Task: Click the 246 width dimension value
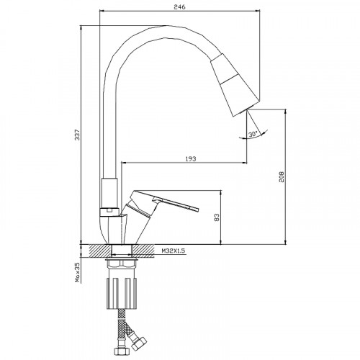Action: pyautogui.click(x=179, y=7)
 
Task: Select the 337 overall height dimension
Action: pyautogui.click(x=77, y=135)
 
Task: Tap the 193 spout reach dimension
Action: pyautogui.click(x=191, y=158)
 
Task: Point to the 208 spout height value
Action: pyautogui.click(x=282, y=176)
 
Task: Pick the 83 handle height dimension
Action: pyautogui.click(x=217, y=217)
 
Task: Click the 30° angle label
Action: pyautogui.click(x=253, y=134)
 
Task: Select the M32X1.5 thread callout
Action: pyautogui.click(x=174, y=251)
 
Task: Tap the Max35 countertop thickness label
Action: pyautogui.click(x=77, y=272)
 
